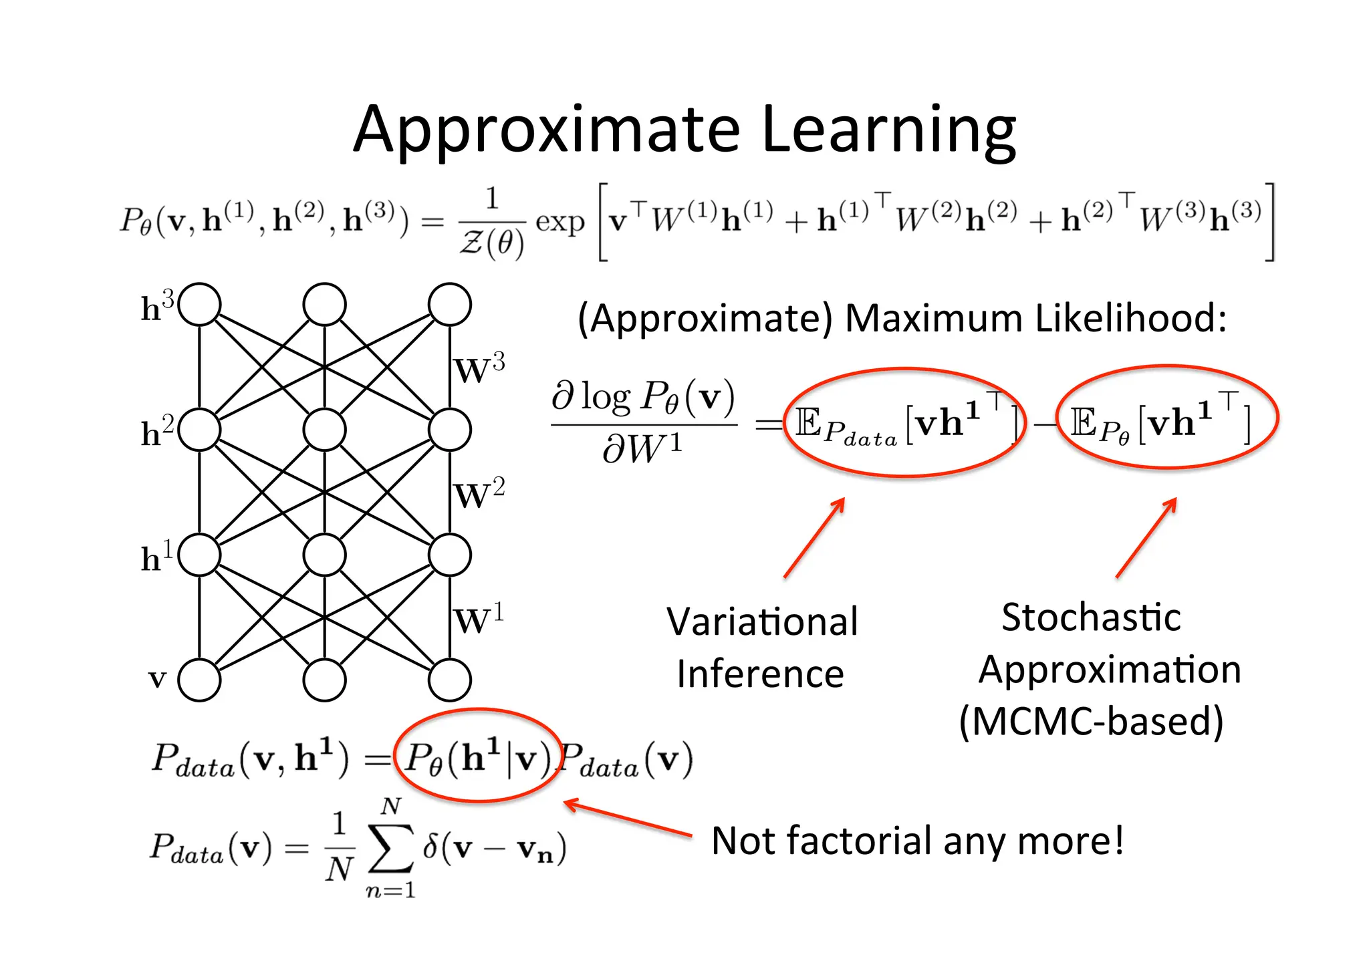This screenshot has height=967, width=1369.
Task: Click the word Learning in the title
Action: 888,130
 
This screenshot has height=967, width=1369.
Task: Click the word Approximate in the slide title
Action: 547,130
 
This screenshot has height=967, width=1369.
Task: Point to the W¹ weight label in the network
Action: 479,619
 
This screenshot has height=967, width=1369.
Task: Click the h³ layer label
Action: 157,306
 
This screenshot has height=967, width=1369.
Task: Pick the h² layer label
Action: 157,431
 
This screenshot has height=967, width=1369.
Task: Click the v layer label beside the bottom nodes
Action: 157,679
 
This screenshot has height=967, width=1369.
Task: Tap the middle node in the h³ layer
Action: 324,304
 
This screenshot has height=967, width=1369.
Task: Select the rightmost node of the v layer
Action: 450,680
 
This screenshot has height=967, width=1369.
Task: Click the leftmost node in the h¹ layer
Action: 199,555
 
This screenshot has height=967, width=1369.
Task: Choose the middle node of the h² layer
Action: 324,430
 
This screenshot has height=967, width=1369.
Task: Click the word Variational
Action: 762,621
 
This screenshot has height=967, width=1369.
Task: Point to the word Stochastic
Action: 1091,617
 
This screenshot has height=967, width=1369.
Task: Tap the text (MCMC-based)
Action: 1091,721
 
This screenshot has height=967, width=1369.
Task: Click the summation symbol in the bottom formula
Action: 390,849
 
